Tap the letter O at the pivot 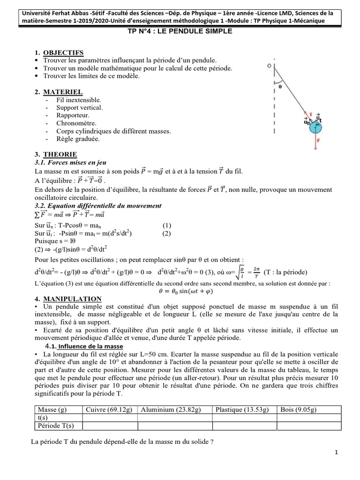point(269,67)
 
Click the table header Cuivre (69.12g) point(109,410)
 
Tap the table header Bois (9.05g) point(299,410)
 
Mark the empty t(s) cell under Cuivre point(109,418)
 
